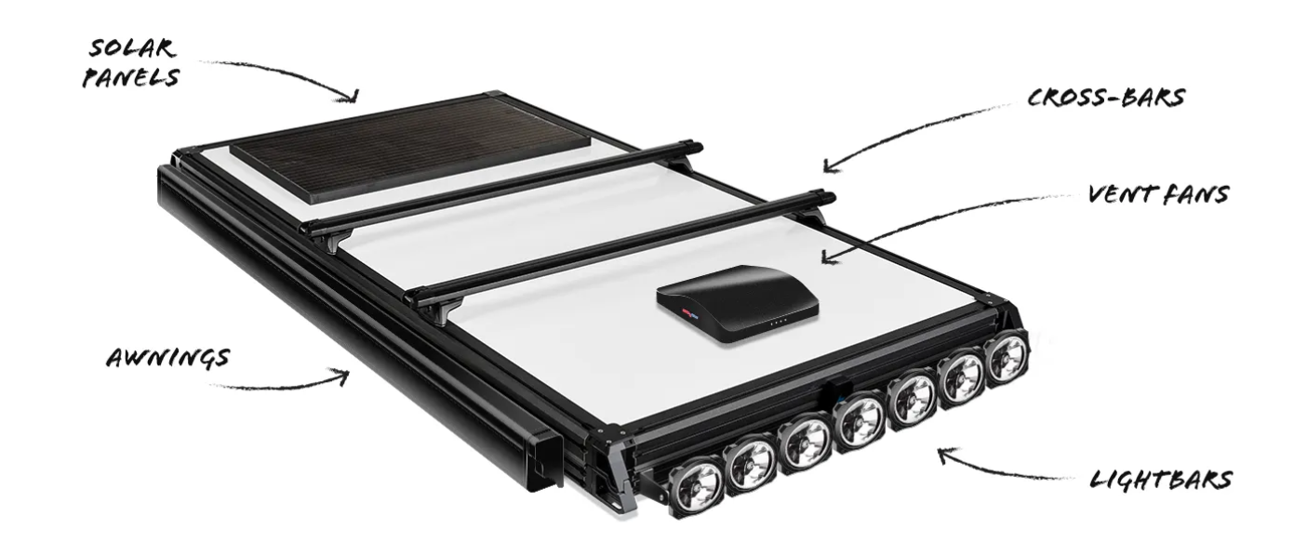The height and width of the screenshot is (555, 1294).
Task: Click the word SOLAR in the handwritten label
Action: click(131, 48)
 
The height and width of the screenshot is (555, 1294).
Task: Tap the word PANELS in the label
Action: click(130, 78)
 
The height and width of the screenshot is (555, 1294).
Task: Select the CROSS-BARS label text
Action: click(1106, 98)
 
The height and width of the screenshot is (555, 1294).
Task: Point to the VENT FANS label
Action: click(1158, 194)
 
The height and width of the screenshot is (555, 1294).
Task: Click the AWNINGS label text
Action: click(168, 358)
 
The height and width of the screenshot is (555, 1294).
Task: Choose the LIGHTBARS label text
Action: click(1161, 480)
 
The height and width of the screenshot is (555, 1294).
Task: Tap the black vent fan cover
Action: click(738, 303)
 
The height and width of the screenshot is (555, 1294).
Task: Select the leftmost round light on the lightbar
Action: click(697, 484)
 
